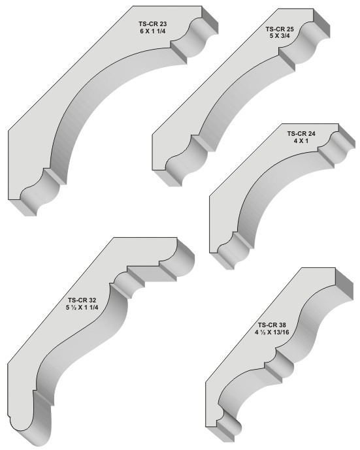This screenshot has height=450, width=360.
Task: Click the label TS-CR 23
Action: (x=153, y=24)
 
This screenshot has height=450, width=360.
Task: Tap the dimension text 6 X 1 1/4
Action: (x=153, y=31)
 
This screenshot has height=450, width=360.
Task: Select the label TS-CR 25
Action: (x=280, y=29)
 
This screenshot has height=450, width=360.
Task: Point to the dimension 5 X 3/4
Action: (x=280, y=36)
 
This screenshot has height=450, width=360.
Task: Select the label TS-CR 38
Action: (x=272, y=325)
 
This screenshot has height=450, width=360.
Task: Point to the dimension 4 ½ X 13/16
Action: (x=272, y=332)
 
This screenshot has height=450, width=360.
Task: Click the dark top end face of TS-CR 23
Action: (x=210, y=19)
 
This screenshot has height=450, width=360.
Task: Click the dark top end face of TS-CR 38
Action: (x=344, y=284)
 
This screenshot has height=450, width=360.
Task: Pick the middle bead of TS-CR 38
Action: (x=283, y=362)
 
